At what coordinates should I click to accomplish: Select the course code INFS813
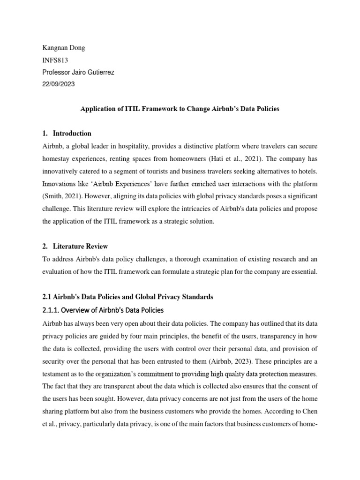55,60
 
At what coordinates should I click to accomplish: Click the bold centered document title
180,109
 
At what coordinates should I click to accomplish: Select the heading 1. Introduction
67,134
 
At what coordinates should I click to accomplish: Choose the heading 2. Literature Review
75,246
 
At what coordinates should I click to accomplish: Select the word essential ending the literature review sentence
306,272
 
